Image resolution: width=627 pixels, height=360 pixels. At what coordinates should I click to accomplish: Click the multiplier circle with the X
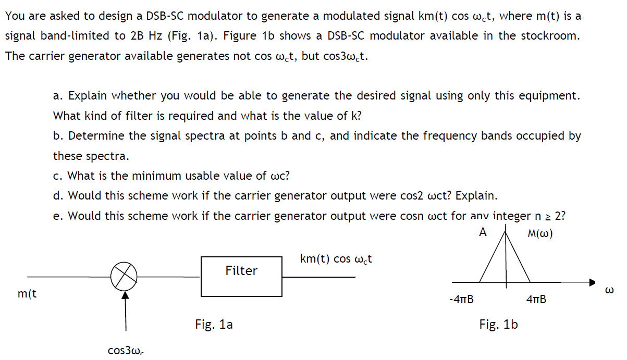coord(124,276)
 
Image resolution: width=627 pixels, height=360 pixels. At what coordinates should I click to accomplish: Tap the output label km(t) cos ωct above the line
coord(336,259)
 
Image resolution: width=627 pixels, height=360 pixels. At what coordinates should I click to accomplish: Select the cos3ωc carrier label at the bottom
coord(126,351)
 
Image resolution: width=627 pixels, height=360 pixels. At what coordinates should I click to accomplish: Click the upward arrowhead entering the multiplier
coord(124,294)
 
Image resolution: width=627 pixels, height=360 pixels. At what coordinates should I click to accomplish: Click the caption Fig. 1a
coord(214,325)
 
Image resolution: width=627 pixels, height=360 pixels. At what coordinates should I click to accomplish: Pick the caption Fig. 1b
coord(498,325)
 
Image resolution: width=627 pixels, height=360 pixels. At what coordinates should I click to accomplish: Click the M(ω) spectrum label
coord(540,233)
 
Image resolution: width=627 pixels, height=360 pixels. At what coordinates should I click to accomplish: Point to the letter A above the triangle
coord(483,232)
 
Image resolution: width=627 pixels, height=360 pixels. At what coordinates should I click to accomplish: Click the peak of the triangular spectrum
coord(504,233)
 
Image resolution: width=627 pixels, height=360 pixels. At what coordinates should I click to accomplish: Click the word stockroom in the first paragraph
coord(553,36)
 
